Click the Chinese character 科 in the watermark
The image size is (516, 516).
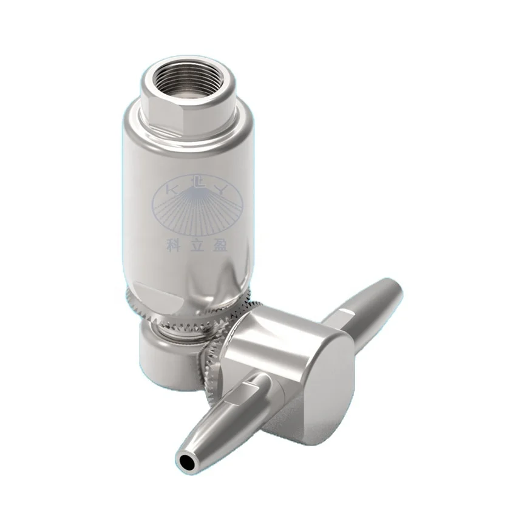pyautogui.click(x=173, y=243)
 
